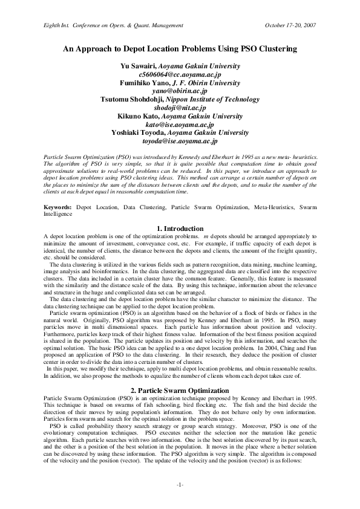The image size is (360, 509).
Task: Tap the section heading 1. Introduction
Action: [180, 229]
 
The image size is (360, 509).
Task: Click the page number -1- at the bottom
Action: [180, 486]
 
